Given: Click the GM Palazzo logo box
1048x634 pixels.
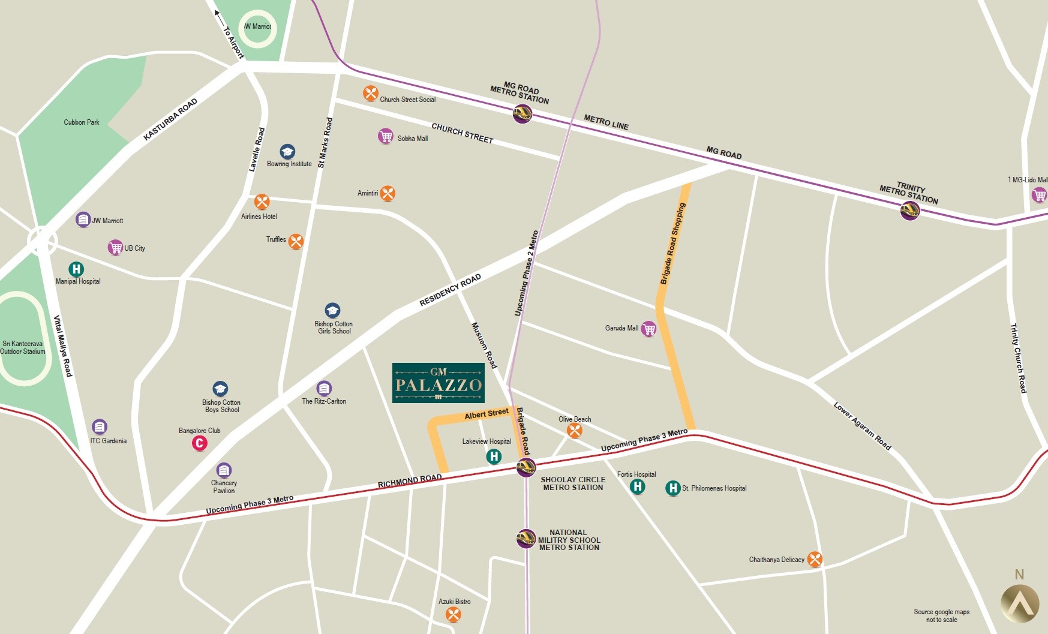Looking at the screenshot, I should point(438,383).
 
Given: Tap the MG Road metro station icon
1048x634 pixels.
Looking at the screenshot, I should point(523,113).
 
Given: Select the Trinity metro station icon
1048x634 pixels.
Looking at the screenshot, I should point(910,211).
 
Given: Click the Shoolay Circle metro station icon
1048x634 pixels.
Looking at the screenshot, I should point(526,467).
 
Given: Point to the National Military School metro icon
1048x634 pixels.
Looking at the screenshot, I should point(526,538).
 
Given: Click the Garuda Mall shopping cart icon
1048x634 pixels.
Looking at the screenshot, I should point(648,329).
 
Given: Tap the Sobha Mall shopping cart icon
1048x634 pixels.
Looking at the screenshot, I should point(386,136).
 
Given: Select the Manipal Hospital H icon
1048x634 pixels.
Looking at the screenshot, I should point(76,269).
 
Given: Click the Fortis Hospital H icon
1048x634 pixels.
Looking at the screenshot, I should point(638,486).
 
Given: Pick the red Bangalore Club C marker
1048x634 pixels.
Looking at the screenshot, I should point(199,443).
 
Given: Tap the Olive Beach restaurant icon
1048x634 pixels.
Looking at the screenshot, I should point(575,430).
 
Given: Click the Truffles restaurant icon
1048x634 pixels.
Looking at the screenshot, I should point(296,241).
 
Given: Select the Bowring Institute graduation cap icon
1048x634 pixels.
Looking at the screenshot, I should point(287,151).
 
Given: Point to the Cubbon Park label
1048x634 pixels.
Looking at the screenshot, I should point(82,122).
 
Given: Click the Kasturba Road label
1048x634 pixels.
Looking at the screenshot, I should point(170,119).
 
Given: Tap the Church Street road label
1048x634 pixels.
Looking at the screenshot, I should point(462,133).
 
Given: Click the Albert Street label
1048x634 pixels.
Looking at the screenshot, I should point(486,414).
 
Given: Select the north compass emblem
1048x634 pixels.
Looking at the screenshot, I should point(1019,602).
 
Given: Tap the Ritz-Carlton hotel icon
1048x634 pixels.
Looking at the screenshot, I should point(324,388).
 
